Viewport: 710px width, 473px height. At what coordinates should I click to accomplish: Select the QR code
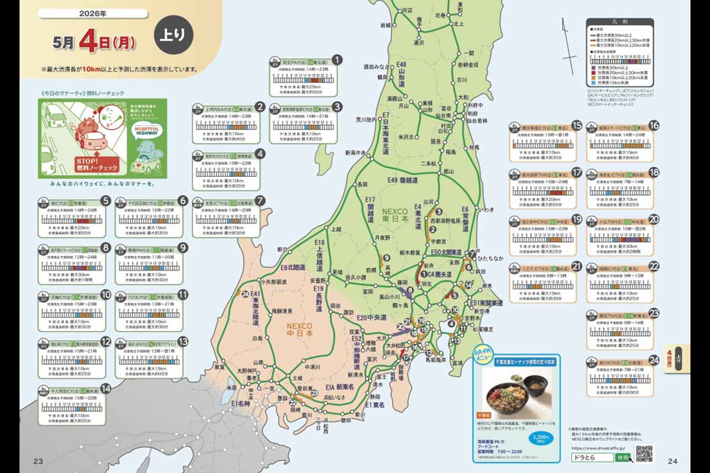(644, 454)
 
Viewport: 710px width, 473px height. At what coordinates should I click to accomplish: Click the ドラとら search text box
(592, 458)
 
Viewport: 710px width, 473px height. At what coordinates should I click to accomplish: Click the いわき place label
(485, 209)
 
